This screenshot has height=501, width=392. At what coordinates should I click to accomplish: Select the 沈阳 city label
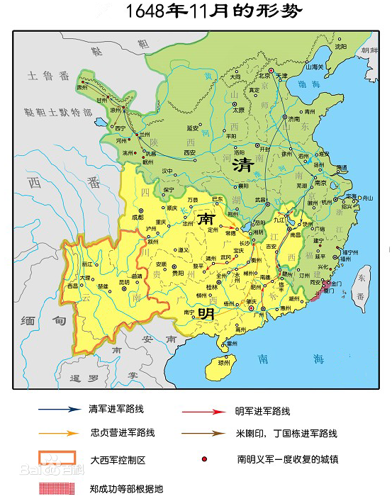[x=342, y=46]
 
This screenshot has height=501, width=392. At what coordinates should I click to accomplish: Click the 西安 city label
[x=189, y=152]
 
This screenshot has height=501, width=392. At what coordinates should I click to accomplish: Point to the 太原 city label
[x=238, y=111]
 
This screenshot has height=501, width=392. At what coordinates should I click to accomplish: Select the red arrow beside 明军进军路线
[x=201, y=410]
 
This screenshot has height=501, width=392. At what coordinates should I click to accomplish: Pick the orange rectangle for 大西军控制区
[x=57, y=459]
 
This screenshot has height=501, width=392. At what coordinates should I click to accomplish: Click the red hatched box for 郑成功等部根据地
[x=57, y=487]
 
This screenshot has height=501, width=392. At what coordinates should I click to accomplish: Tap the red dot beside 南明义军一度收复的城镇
[x=205, y=459]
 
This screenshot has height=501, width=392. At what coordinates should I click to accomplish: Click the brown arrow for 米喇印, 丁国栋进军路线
[x=201, y=432]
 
